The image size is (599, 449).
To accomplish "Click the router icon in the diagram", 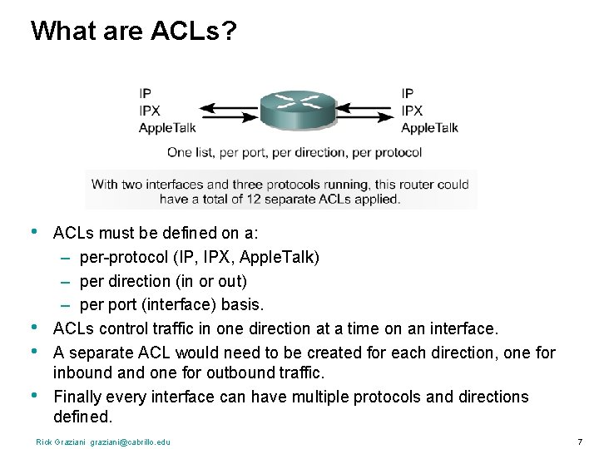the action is click(x=297, y=110).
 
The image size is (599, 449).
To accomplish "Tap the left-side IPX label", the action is click(x=150, y=110).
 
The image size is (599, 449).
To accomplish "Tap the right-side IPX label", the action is click(x=412, y=110).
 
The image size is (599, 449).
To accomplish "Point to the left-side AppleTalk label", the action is click(x=167, y=127).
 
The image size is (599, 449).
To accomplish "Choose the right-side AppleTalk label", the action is click(x=429, y=127).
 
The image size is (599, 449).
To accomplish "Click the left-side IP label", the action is click(x=145, y=93).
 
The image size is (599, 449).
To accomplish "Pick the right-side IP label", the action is click(x=407, y=93).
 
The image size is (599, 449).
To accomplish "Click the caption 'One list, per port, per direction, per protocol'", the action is click(x=294, y=152).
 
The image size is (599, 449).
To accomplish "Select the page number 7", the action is click(x=580, y=441).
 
